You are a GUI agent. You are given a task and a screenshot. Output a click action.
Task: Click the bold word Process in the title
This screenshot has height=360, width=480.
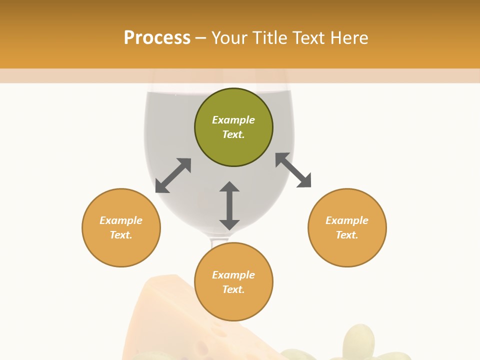coord(157,38)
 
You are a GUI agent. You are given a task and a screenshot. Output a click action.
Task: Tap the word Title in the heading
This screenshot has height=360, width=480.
coord(270,38)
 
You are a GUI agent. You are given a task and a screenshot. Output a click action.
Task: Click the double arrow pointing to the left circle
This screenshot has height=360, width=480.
coord(173,175)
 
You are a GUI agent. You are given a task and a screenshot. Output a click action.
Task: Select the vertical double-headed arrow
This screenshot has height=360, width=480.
coord(229,205)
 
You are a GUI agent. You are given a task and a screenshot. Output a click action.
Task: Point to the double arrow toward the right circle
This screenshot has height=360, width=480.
coord(293,170)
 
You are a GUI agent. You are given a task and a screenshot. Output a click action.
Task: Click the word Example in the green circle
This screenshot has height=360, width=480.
coord(233,120)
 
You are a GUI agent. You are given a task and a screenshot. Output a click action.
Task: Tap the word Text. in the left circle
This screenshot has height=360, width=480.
coord(121,235)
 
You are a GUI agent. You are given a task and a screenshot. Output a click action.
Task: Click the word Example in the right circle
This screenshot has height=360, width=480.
coord(347,220)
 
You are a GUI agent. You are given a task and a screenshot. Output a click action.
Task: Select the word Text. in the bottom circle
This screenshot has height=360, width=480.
coord(233,289)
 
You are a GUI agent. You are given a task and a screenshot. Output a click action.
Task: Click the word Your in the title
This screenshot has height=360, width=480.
coord(229,38)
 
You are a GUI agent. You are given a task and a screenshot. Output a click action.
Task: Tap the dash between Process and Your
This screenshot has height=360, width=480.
coord(201,38)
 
